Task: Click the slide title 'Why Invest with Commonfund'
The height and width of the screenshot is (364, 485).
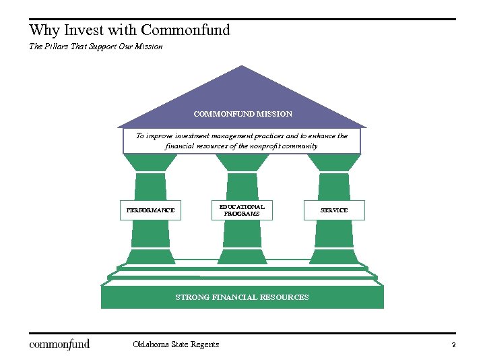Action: coord(130,30)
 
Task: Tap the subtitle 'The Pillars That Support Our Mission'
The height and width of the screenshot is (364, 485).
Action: coord(96,47)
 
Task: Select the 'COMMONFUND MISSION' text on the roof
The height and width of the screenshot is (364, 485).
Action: coord(243,114)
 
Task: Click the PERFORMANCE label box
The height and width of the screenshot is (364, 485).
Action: coord(150,210)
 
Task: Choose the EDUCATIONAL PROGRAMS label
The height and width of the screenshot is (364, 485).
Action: coord(242,210)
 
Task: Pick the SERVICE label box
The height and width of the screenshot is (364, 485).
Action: coord(334,210)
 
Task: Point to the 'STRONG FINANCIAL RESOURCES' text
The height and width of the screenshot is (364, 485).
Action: coord(242,297)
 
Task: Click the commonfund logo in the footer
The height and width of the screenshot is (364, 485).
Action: coord(59,344)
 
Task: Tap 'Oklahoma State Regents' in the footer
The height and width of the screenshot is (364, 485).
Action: coord(176,344)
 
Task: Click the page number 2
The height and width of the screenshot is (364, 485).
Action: coord(454,345)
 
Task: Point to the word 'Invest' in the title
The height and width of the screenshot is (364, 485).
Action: coord(85,30)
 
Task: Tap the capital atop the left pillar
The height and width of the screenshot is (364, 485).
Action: coord(150,163)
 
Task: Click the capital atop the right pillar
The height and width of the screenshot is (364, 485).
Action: coord(333,163)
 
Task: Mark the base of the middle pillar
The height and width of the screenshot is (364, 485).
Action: coord(242,256)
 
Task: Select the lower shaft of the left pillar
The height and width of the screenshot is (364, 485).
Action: coord(150,234)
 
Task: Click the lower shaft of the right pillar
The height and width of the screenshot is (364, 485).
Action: coord(333,234)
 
